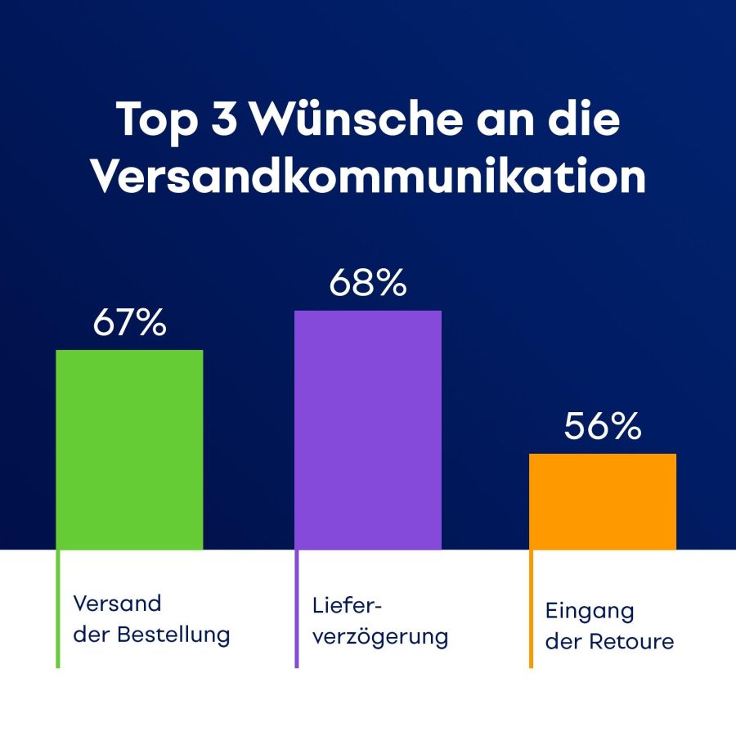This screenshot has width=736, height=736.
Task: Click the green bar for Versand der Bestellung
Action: click(129, 450)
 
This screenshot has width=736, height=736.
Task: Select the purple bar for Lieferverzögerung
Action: click(368, 430)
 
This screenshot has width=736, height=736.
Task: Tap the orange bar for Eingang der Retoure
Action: click(603, 501)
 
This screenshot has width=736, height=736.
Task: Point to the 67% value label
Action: click(129, 324)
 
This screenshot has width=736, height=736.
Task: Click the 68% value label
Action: click(368, 284)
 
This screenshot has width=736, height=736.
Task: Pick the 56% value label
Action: click(603, 427)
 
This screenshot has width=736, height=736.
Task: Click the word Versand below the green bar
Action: click(118, 604)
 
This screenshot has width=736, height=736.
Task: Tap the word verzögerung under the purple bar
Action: click(380, 636)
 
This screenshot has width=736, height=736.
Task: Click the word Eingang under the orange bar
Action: click(590, 611)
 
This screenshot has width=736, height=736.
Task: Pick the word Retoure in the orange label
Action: click(633, 641)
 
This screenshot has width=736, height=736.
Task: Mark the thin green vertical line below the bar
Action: click(58, 609)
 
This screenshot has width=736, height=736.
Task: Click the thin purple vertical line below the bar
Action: click(297, 609)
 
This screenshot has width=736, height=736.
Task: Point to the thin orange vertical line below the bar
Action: click(532, 609)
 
